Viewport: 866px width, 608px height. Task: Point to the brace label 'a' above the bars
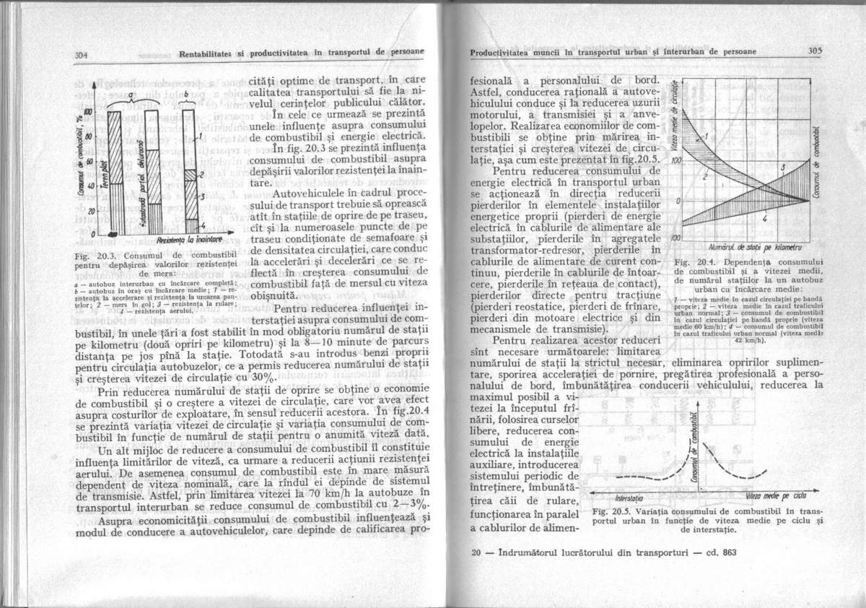tap(131, 94)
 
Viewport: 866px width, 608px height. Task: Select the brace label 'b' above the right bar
tap(188, 95)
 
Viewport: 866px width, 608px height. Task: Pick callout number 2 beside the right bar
tap(203, 175)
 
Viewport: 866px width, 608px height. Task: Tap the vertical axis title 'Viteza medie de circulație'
tap(675, 124)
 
